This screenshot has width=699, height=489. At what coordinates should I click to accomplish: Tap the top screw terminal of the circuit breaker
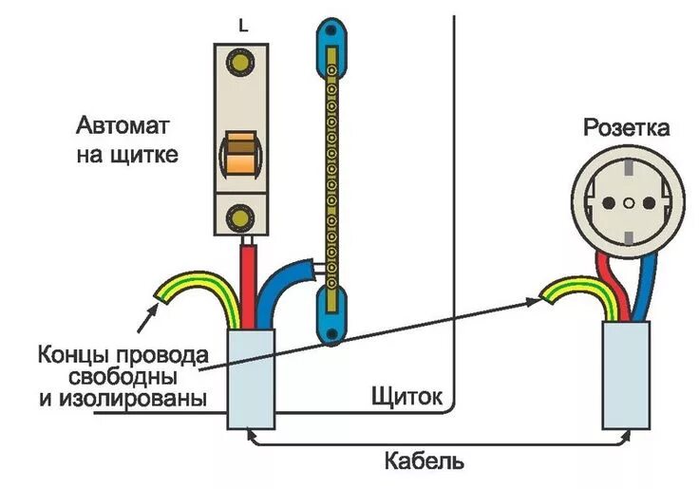pos(240,66)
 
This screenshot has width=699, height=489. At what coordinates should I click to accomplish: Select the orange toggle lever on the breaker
pos(239,155)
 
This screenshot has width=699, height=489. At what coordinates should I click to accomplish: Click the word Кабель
pos(425,462)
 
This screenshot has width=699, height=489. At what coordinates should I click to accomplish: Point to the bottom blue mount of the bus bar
pos(329,323)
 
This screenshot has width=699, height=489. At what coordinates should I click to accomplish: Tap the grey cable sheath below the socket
pos(628,375)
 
